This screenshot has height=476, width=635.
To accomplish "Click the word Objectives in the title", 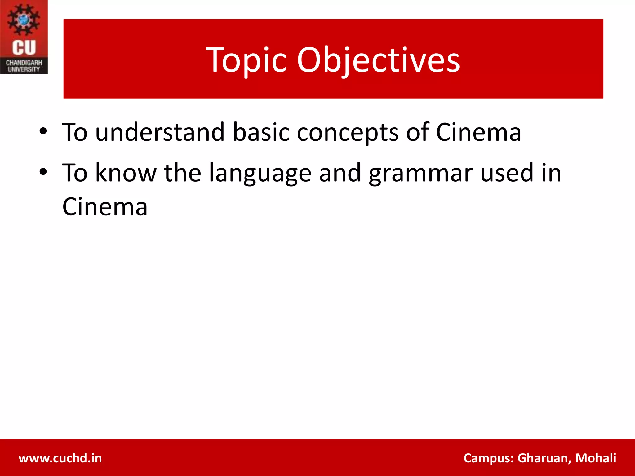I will pyautogui.click(x=378, y=60).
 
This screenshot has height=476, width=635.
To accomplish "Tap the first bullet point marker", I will pyautogui.click(x=43, y=131).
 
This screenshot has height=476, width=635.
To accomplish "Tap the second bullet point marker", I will pyautogui.click(x=43, y=171).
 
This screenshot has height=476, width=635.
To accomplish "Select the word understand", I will pyautogui.click(x=160, y=132).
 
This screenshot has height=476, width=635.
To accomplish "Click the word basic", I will pyautogui.click(x=261, y=132).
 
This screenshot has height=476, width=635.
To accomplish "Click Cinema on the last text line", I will pyautogui.click(x=105, y=207).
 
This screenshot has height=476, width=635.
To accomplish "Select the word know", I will pyautogui.click(x=126, y=173).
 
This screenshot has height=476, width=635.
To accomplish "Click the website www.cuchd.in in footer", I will pyautogui.click(x=60, y=458).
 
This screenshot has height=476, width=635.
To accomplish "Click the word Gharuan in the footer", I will pyautogui.click(x=544, y=458).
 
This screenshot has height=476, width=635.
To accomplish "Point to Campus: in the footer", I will pyautogui.click(x=489, y=458).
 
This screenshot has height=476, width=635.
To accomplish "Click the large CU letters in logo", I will pyautogui.click(x=24, y=47).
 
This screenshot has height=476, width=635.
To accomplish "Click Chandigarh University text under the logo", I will pyautogui.click(x=24, y=66).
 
